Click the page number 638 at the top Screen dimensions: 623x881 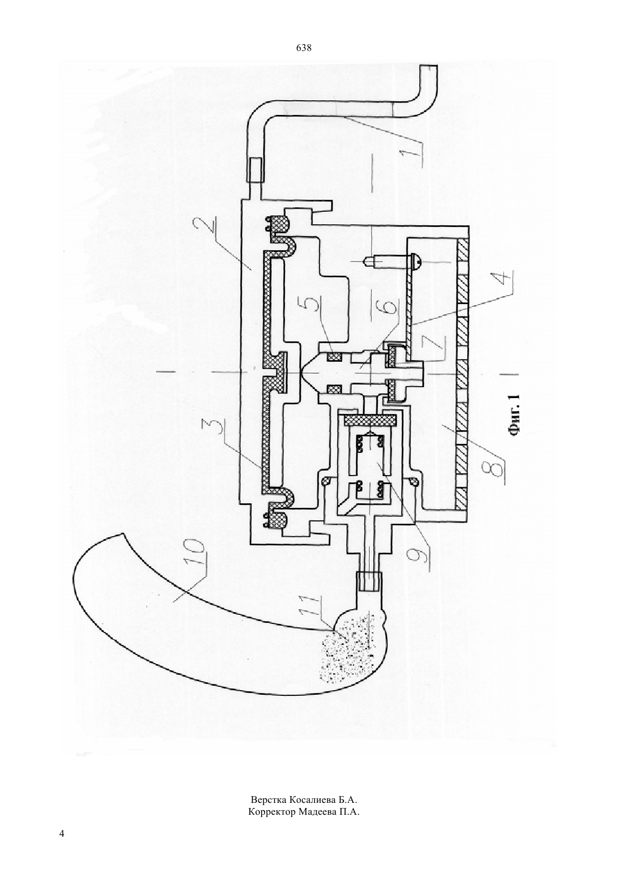(304, 48)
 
